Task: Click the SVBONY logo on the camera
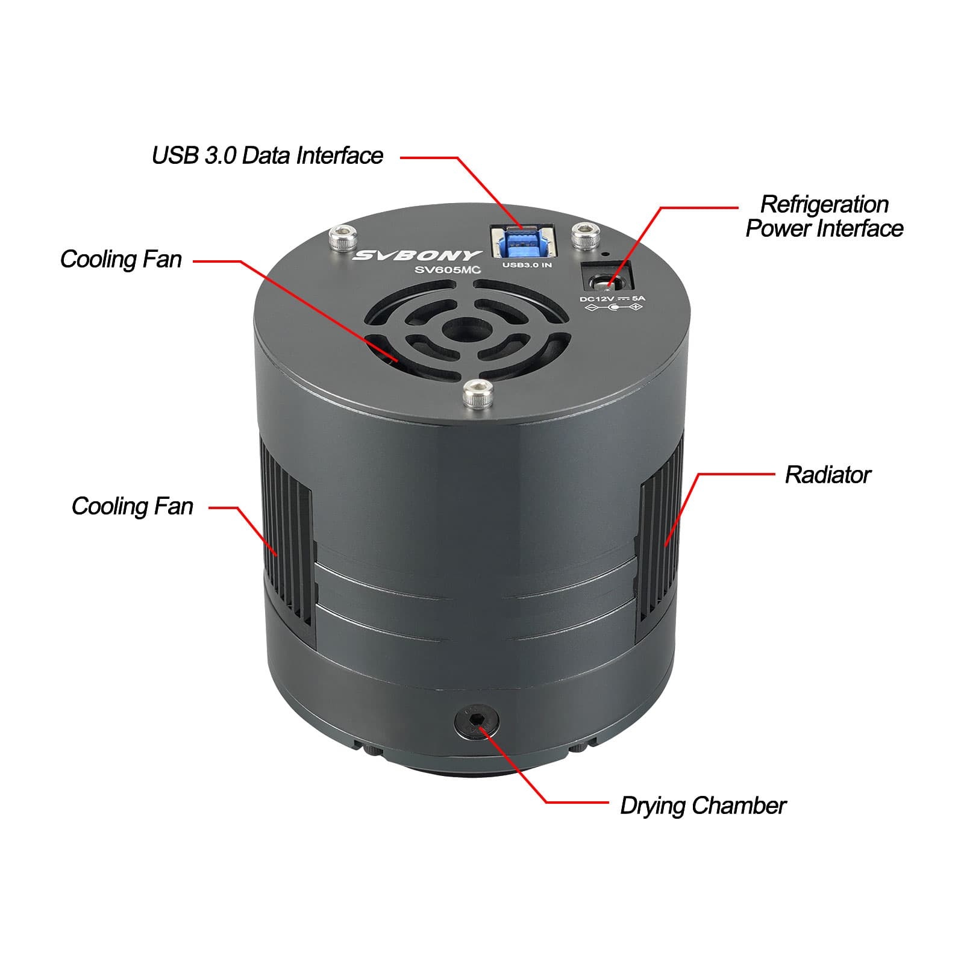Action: pyautogui.click(x=418, y=255)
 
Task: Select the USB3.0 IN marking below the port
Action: pyautogui.click(x=527, y=265)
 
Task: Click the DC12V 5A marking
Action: pyautogui.click(x=612, y=298)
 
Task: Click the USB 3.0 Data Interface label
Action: pyautogui.click(x=267, y=155)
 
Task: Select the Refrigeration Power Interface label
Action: pyautogui.click(x=824, y=216)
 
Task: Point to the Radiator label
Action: pyautogui.click(x=828, y=475)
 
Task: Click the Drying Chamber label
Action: pyautogui.click(x=703, y=806)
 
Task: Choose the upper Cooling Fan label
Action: pyautogui.click(x=120, y=259)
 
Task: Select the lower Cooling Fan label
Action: pyautogui.click(x=132, y=506)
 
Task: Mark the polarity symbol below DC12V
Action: pyautogui.click(x=614, y=308)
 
